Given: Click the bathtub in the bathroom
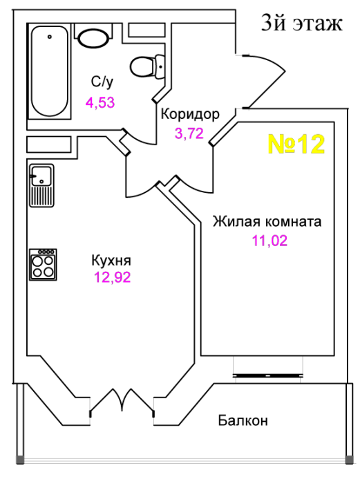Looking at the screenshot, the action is tap(49, 71).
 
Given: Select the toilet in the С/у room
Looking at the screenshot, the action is tap(147, 66).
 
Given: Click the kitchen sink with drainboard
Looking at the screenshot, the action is tap(41, 185).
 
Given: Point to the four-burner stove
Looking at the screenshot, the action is tap(43, 265).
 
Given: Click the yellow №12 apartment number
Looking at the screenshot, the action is tap(296, 144).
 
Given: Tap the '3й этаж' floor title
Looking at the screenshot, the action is tap(302, 23).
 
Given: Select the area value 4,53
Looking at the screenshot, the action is tap(100, 102).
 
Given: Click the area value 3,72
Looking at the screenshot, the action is tap(189, 133).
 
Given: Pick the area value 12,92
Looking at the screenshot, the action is tap(113, 277).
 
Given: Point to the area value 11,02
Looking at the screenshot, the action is tap(270, 241).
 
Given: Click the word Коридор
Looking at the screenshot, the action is tap(190, 114).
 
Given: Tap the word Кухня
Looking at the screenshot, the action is tap(111, 261).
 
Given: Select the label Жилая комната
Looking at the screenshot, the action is tap(267, 222).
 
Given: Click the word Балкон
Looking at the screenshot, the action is tap(243, 420).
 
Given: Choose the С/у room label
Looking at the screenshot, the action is tap(102, 82).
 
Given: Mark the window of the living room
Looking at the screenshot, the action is tap(267, 375).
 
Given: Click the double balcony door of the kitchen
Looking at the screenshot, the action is tap(122, 402).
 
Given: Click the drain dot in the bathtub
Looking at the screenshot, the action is tap(49, 37).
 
